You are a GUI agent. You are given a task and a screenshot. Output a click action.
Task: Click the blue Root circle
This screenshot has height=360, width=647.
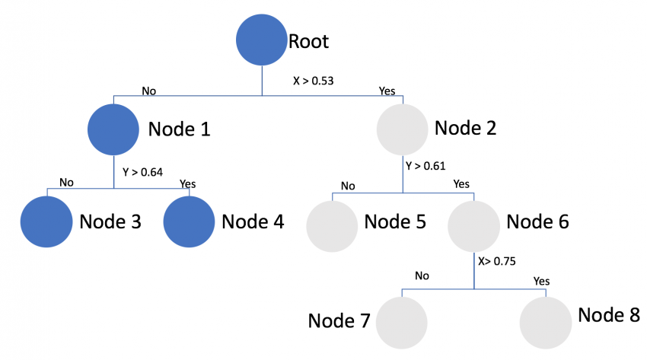coord(262,41)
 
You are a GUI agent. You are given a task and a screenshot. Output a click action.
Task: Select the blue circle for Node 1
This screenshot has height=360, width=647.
coord(114,129)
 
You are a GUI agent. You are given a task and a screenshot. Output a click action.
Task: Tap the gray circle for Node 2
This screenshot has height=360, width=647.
coord(403,129)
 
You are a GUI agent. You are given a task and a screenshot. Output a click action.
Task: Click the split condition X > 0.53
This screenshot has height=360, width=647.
coord(314,79)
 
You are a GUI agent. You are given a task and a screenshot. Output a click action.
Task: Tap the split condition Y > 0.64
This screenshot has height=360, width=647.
coord(142,171)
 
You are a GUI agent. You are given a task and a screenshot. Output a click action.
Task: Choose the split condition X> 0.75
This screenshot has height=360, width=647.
coord(497,260)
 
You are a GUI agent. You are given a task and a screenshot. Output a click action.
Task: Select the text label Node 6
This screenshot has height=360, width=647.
coord(537,221)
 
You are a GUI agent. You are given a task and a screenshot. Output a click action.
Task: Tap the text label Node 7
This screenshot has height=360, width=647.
coord(339,320)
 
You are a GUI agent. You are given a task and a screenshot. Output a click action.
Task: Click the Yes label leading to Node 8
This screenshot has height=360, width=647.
coord(541,281)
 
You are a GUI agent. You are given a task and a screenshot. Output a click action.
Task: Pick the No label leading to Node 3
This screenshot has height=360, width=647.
coord(66,183)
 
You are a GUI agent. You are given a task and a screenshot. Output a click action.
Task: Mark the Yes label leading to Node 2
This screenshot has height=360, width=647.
coord(387,91)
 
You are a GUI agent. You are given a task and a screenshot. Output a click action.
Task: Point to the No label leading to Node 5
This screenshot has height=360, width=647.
coord(348,186)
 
